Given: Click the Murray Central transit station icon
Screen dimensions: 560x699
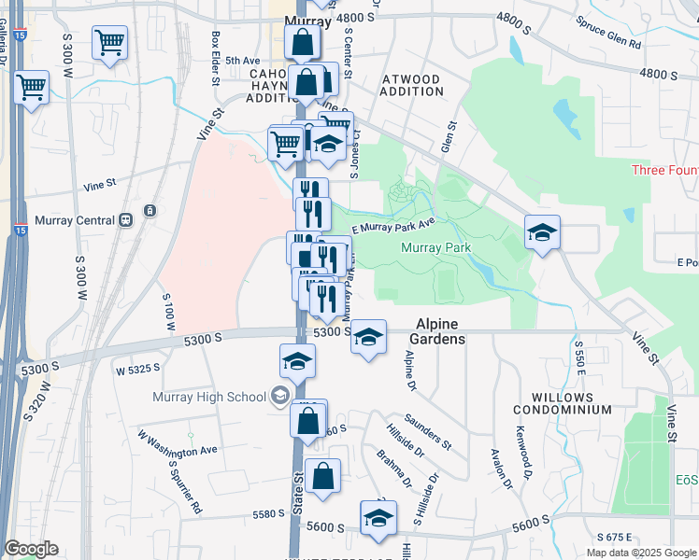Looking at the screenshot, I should [x=124, y=220].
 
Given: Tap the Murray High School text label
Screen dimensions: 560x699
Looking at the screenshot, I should [x=210, y=397].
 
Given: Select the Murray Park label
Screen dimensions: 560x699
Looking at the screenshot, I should [x=435, y=247].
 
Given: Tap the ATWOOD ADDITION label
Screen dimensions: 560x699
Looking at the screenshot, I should [x=412, y=85].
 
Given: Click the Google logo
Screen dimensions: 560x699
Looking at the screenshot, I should [x=31, y=549].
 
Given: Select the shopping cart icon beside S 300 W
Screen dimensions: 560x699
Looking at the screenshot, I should [x=109, y=44].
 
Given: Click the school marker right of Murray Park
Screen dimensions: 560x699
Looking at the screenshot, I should [x=542, y=233].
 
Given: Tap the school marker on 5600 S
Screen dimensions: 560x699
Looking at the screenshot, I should [x=378, y=519].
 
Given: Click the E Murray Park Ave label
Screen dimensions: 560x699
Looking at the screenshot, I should [x=393, y=225].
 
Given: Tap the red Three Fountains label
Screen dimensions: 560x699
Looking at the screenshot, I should [x=664, y=170].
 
